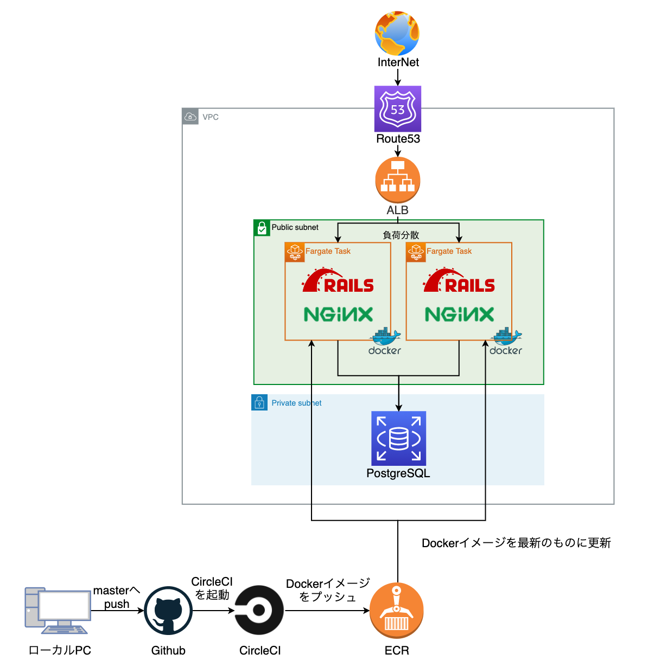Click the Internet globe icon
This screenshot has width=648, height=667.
[397, 33]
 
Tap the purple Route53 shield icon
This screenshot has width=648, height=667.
[398, 109]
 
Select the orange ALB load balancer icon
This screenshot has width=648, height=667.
[398, 180]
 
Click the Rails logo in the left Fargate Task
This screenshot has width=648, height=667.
[338, 281]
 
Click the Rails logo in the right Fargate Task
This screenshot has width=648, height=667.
[459, 281]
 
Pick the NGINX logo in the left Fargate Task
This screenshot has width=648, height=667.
[338, 314]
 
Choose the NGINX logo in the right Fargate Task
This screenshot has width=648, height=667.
[459, 314]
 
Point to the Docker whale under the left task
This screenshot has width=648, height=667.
[385, 341]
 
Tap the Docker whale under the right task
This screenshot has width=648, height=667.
[506, 341]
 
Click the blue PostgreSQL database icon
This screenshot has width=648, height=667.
[398, 438]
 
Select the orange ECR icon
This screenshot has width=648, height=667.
[397, 611]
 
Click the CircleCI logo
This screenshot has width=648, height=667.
[259, 610]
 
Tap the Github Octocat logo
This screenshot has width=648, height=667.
[168, 611]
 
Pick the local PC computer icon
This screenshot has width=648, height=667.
[58, 610]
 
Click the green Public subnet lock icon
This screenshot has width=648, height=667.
[262, 228]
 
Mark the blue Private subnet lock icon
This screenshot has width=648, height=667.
[259, 402]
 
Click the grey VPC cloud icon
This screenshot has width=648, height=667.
[190, 117]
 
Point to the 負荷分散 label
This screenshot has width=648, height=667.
[401, 235]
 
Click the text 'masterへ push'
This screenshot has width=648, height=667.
[116, 597]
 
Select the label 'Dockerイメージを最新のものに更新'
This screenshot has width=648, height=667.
[516, 543]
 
